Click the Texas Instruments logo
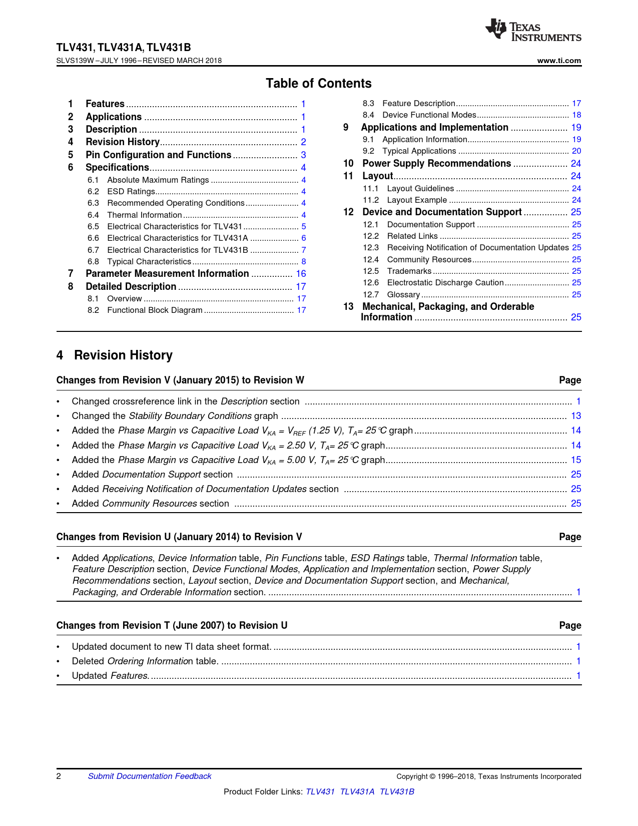(533, 31)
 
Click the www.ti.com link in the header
(559, 61)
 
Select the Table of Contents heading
(319, 84)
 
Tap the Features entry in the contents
(105, 104)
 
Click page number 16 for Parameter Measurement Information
(301, 274)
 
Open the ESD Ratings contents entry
(131, 192)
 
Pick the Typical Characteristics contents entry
(149, 262)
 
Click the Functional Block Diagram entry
(155, 310)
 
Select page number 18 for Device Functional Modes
(576, 115)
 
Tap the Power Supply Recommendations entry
(436, 164)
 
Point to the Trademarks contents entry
(409, 271)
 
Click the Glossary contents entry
(403, 295)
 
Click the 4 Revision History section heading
(115, 355)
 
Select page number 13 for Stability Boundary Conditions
(576, 416)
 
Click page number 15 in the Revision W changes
(576, 460)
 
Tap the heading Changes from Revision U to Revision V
(179, 537)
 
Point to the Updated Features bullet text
(110, 676)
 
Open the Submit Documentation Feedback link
(150, 776)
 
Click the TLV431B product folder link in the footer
(397, 792)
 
